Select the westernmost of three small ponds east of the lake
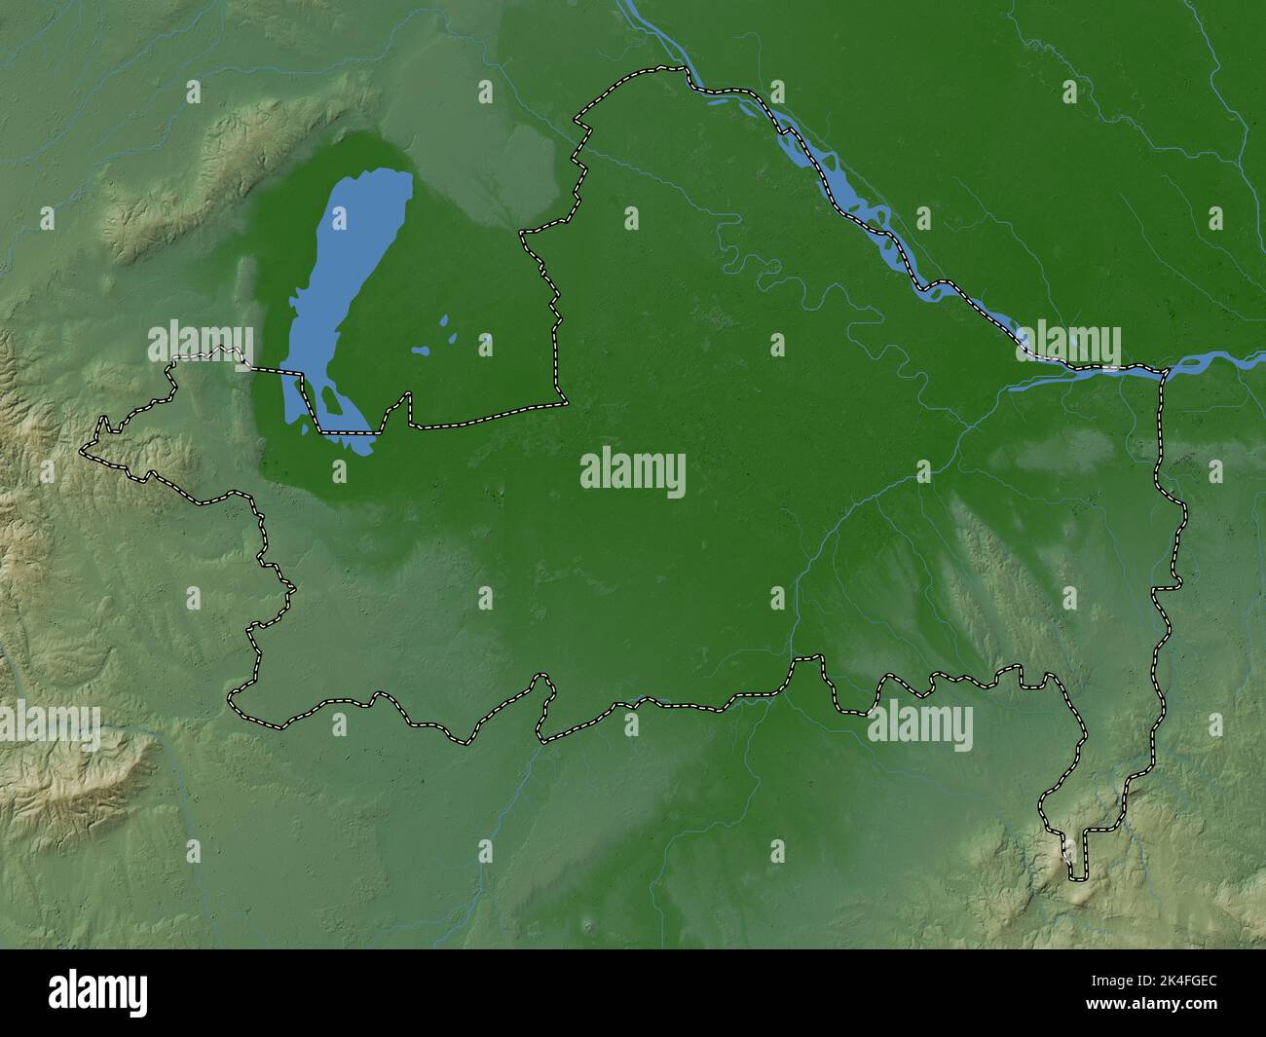pos(421,351)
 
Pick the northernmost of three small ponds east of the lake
pos(444,319)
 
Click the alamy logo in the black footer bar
pos(98,993)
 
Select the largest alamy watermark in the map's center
pos(633,474)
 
